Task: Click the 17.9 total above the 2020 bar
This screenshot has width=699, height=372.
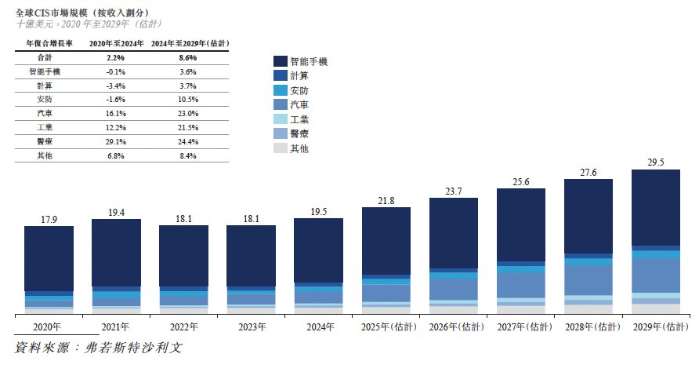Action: (49, 219)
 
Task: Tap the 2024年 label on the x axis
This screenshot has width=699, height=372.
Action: (318, 326)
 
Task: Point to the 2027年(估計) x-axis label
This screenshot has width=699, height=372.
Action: (520, 326)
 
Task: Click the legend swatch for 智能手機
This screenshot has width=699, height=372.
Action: (280, 60)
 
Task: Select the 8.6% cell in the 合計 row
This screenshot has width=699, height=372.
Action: (187, 57)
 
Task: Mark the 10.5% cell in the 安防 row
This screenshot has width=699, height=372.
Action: (187, 100)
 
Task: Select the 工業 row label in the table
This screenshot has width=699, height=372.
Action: (45, 128)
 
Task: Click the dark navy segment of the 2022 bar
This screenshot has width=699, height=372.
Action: (183, 256)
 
